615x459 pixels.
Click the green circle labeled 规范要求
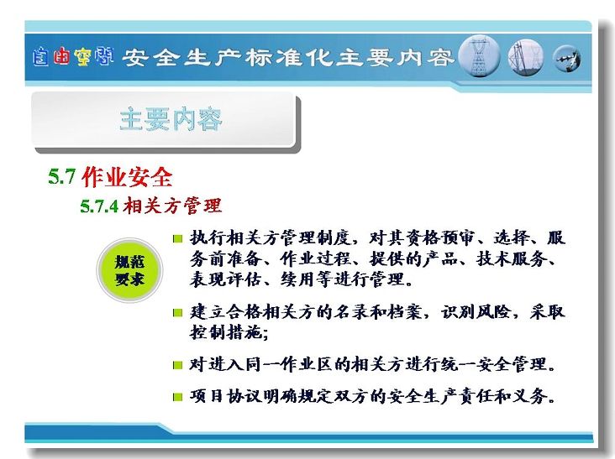(x=129, y=270)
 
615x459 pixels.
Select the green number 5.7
(x=61, y=176)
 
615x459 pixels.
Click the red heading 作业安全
(x=127, y=177)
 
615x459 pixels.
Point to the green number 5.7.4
(x=99, y=206)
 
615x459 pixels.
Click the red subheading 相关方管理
(x=172, y=206)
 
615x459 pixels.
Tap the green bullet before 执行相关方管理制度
(x=177, y=238)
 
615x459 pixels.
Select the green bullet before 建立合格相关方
(x=177, y=312)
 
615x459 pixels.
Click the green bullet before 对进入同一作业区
(x=177, y=365)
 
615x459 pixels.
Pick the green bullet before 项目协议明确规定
(x=177, y=397)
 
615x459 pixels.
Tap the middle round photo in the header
(x=526, y=57)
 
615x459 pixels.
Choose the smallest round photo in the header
(x=567, y=59)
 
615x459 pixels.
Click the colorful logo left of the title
(x=73, y=57)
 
